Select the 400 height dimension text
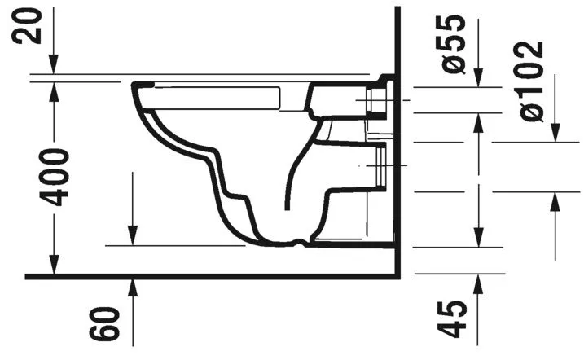(x=55, y=177)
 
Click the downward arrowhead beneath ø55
(x=478, y=78)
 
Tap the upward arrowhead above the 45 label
(x=478, y=282)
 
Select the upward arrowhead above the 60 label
(x=132, y=286)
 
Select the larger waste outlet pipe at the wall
(x=376, y=166)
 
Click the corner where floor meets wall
(x=394, y=276)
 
